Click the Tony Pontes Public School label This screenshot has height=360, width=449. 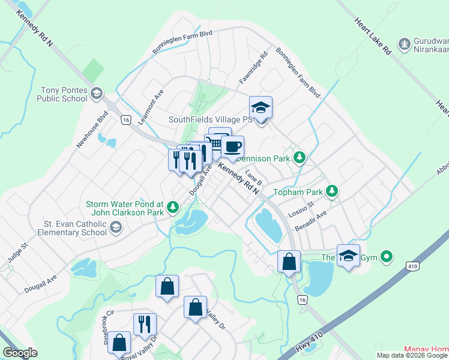tap(64, 94)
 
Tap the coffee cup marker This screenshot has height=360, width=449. tap(232, 146)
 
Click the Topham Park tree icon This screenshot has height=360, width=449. tap(331, 192)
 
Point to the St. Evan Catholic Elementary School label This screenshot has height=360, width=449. tap(74, 228)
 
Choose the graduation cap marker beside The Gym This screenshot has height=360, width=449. tap(348, 256)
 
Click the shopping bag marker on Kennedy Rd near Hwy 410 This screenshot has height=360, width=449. tap(289, 262)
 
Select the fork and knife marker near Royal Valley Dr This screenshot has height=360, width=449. tap(144, 325)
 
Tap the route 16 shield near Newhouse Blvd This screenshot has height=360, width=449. tap(125, 120)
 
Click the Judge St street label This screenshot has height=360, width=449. tap(17, 253)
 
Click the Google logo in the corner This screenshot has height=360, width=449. tap(20, 353)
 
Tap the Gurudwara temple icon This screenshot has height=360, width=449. tap(405, 43)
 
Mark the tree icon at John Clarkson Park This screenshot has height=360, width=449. tap(173, 207)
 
